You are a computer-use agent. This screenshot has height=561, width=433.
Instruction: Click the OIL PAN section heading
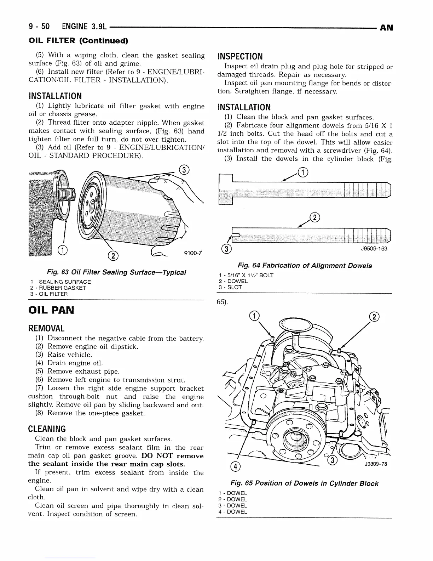pyautogui.click(x=51, y=310)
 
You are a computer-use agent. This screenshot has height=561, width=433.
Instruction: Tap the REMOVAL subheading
pyautogui.click(x=46, y=328)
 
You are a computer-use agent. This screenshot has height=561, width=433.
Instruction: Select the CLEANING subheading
pyautogui.click(x=47, y=429)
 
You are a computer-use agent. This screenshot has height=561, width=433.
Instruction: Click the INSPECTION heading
pyautogui.click(x=240, y=56)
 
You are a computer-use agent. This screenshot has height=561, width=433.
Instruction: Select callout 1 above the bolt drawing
pyautogui.click(x=303, y=172)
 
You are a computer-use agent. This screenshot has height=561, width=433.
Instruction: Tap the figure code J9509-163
pyautogui.click(x=374, y=249)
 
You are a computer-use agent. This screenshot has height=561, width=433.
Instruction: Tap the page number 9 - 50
pyautogui.click(x=39, y=27)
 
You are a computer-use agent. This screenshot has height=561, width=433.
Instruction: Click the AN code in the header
pyautogui.click(x=386, y=28)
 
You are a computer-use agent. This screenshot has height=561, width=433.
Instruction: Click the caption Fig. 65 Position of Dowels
pyautogui.click(x=304, y=483)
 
